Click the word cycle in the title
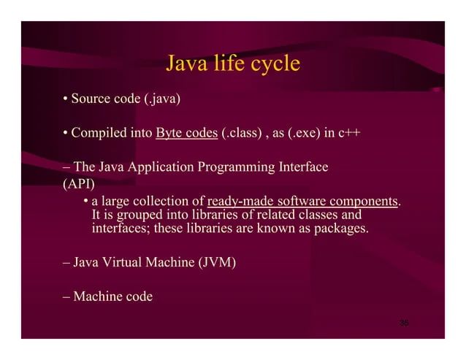click(x=272, y=64)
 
